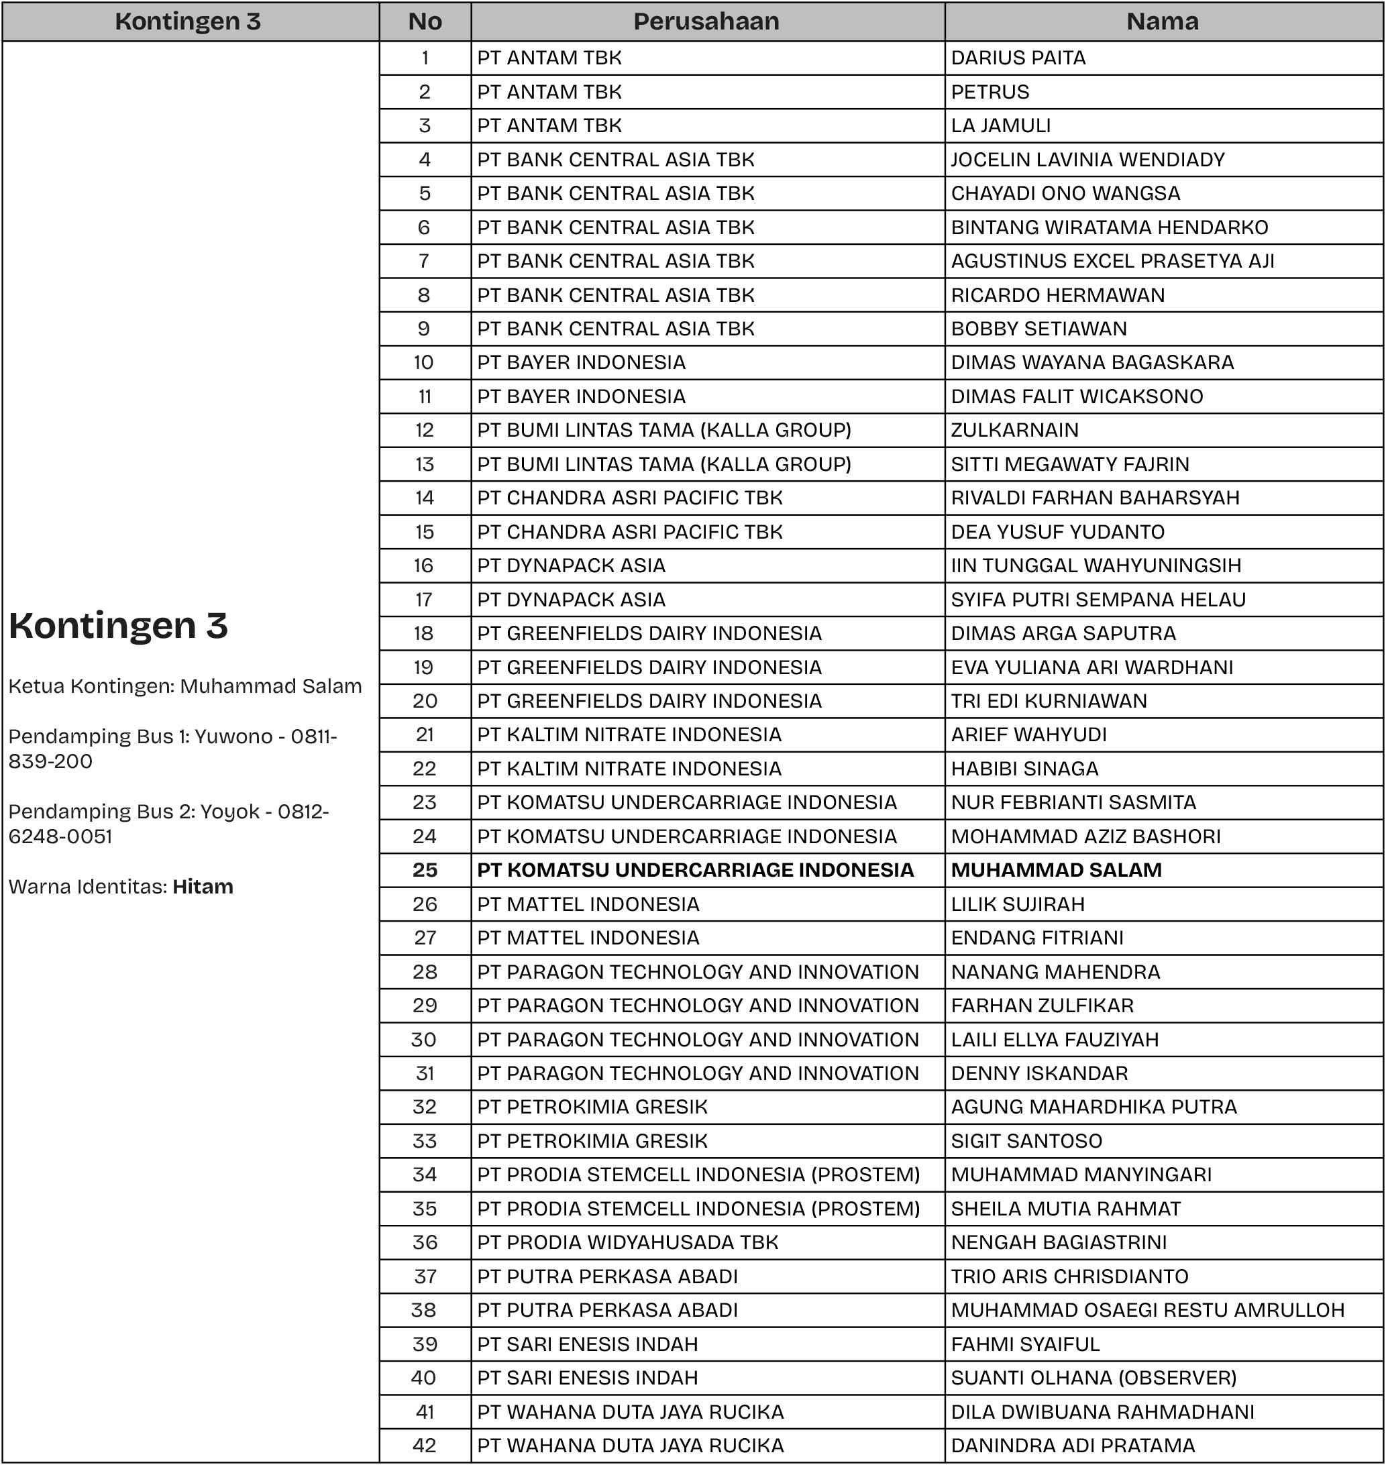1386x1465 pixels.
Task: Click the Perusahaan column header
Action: (706, 21)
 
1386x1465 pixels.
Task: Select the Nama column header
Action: (1162, 21)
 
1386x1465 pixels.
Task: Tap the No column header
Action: (425, 21)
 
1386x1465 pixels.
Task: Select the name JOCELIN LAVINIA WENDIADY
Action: (1087, 160)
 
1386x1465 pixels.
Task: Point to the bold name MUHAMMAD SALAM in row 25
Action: (1056, 869)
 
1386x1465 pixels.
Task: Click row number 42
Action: (425, 1445)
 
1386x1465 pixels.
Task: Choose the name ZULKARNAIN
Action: (1014, 430)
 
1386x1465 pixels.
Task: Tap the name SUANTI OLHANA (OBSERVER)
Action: (1094, 1378)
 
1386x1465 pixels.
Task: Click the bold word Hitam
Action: (203, 887)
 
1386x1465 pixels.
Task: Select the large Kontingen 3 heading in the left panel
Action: (118, 626)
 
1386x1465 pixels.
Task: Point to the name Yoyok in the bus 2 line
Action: (229, 812)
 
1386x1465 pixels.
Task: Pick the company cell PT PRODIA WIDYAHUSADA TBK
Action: (627, 1242)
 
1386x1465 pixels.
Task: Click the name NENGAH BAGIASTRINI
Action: (1059, 1242)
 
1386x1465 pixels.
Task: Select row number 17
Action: (425, 599)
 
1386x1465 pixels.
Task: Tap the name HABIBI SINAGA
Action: (1024, 768)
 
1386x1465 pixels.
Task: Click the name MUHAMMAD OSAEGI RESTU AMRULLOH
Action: (1147, 1310)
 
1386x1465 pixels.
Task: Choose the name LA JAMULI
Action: (1000, 125)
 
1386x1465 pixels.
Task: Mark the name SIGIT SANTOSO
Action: (1026, 1141)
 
